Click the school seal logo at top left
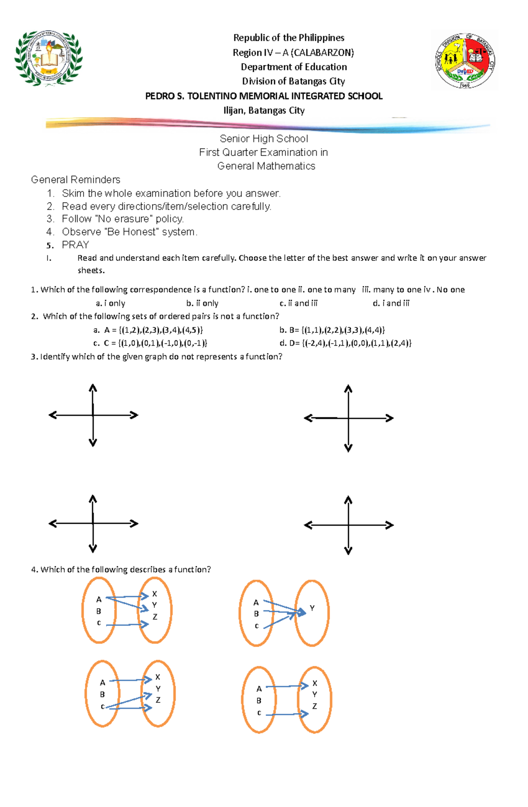(48, 58)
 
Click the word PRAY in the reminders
(75, 245)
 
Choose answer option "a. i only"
(110, 303)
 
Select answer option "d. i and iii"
(391, 303)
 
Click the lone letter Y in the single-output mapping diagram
(312, 608)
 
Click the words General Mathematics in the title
(266, 166)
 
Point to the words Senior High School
(264, 139)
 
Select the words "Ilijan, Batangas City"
(264, 110)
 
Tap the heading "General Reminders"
(75, 179)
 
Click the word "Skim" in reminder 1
(73, 194)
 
